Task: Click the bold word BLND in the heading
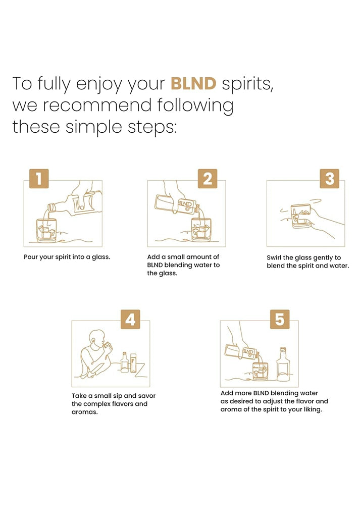point(193,83)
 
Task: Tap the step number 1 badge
point(39,179)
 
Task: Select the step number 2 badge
point(208,179)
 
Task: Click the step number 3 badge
point(330,179)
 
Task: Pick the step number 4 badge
point(130,319)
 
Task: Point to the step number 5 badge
point(280,319)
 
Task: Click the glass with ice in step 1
point(46,230)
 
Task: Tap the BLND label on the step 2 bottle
point(185,205)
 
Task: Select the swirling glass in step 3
point(300,216)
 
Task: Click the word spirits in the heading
point(247,84)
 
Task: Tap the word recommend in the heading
point(97,105)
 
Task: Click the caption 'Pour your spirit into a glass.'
point(67,257)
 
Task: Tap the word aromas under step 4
point(84,412)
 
